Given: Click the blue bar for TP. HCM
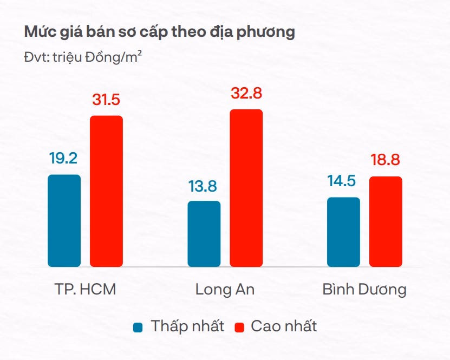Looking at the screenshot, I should point(64,220).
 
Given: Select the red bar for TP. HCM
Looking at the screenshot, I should point(106,191).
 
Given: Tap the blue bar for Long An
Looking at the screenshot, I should point(204,234).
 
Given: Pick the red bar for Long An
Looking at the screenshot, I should point(246,188).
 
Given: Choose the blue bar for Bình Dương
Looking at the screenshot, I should point(344,232).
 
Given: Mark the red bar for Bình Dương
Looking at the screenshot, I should point(386,221).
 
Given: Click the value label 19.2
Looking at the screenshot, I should point(63,159).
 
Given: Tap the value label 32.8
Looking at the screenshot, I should point(246,93).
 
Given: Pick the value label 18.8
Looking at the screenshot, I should point(386,161).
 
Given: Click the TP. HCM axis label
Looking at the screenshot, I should point(84,289).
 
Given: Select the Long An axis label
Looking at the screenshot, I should point(225,289).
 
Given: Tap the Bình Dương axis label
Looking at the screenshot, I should point(364,289).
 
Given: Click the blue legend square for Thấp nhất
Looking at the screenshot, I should point(139,327).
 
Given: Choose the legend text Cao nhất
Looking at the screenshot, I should point(283,326).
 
